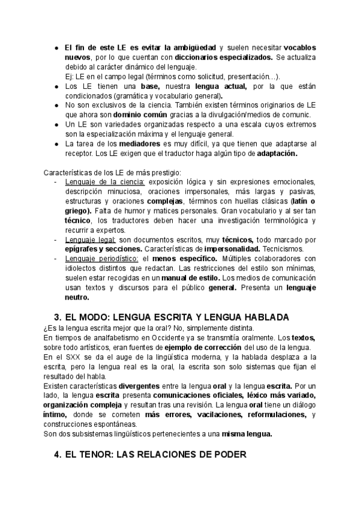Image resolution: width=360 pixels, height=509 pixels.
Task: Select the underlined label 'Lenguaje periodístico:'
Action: point(102,259)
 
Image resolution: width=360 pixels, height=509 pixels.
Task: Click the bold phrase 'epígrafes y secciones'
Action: point(100,249)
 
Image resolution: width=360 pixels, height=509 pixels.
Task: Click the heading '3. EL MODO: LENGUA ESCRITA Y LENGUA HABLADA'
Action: point(172,317)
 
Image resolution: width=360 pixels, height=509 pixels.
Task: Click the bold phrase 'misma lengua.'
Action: point(247,434)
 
